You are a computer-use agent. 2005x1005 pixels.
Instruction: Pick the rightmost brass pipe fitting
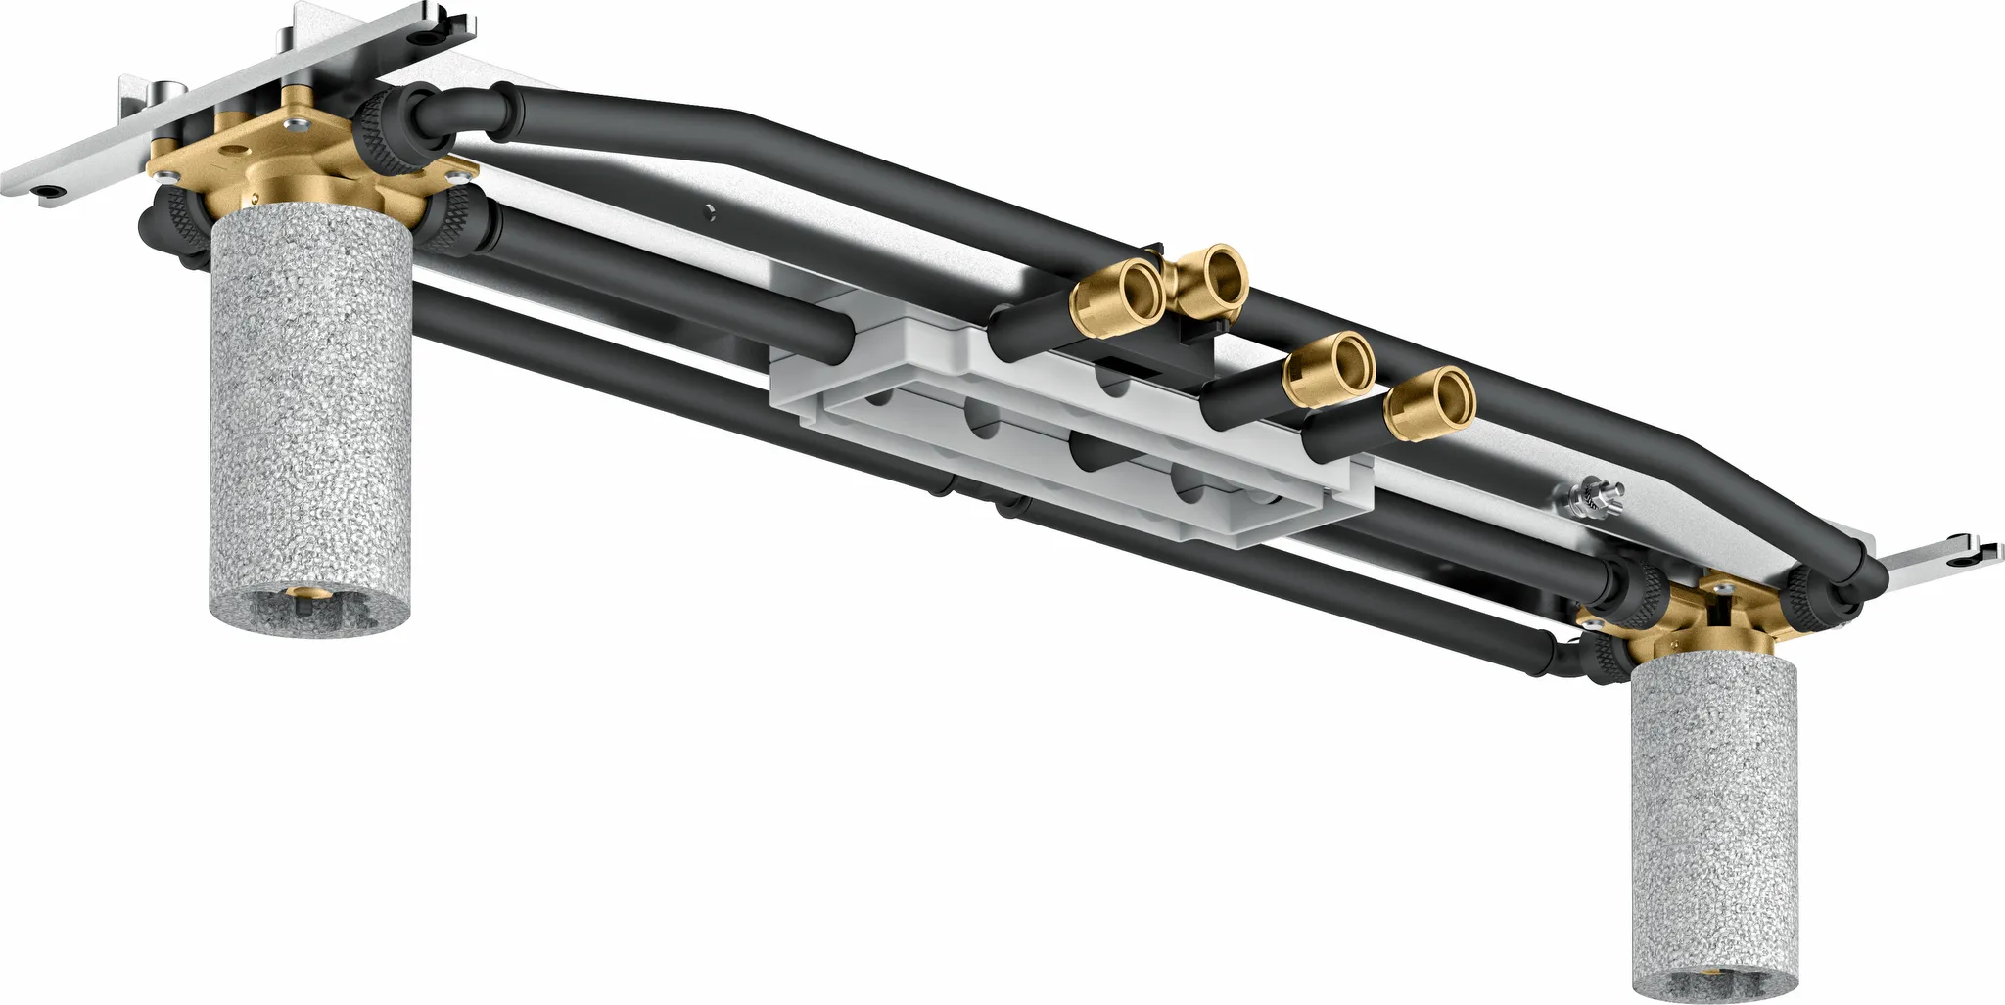coord(1432,403)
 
